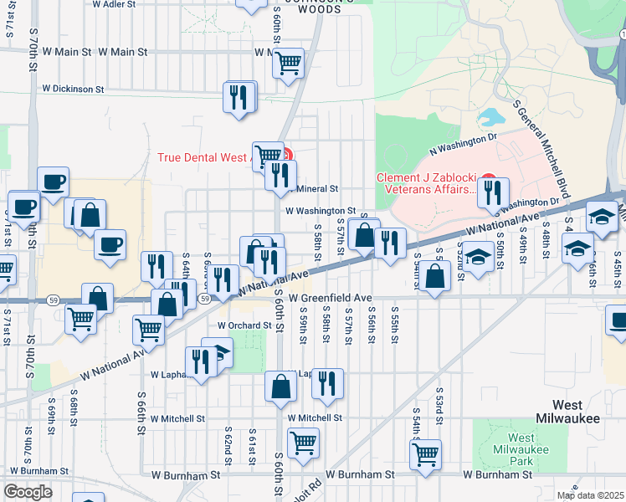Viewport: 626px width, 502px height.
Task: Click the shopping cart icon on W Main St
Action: pos(288,63)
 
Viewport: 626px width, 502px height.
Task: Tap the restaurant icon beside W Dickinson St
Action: pos(240,97)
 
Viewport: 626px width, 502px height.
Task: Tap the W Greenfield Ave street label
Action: pos(330,298)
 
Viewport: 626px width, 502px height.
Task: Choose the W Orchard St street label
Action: pos(244,325)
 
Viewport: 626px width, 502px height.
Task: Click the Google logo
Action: pos(28,491)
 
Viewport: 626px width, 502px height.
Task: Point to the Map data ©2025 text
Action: pos(590,495)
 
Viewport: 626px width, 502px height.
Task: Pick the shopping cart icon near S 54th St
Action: pos(425,455)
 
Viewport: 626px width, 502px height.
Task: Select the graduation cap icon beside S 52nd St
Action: pos(478,255)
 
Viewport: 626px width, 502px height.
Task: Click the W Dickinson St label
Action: pos(73,88)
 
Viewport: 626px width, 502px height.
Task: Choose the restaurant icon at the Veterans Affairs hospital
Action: pos(493,192)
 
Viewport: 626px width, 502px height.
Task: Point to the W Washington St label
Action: pos(321,212)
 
